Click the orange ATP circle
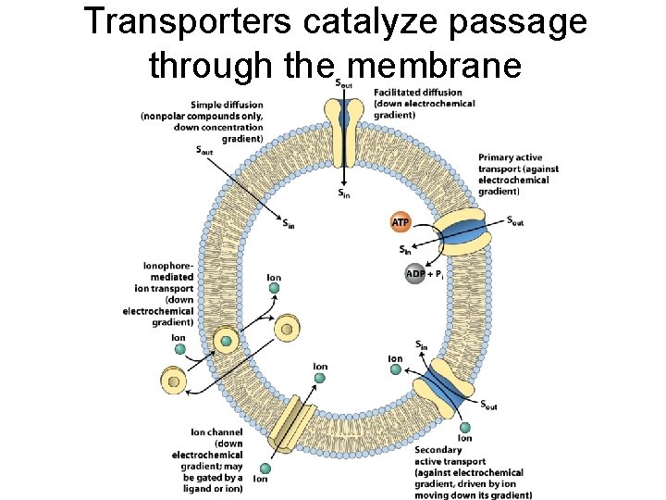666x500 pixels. pos(401,223)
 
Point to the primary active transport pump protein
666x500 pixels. pos(463,232)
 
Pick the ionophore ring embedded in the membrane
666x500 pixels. pos(227,342)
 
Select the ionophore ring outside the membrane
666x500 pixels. pos(173,380)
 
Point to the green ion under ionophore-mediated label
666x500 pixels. pos(180,349)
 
